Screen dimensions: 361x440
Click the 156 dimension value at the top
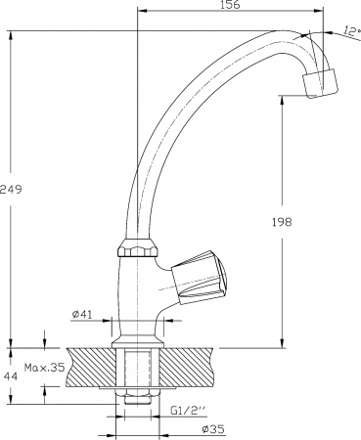click(230, 5)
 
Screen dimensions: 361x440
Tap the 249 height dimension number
click(11, 189)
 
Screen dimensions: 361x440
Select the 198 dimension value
click(282, 222)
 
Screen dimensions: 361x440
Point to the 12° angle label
click(352, 31)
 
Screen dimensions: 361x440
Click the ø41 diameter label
click(82, 314)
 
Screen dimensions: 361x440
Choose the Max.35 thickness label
click(45, 368)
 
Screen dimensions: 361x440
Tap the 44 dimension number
click(11, 376)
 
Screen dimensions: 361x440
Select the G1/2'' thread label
click(189, 410)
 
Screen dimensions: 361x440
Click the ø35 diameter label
click(213, 429)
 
